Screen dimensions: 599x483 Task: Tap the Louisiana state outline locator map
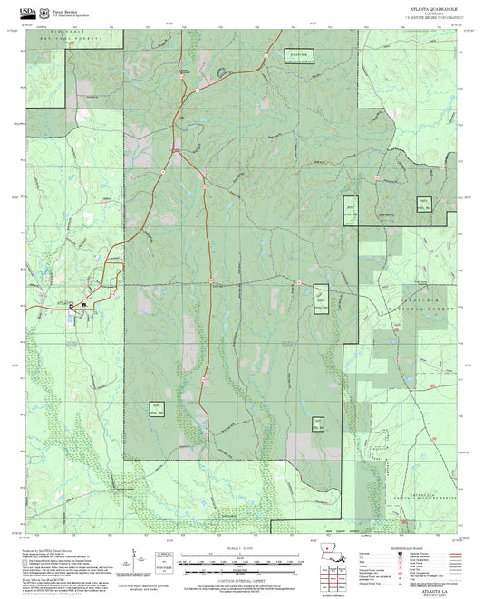333,554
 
